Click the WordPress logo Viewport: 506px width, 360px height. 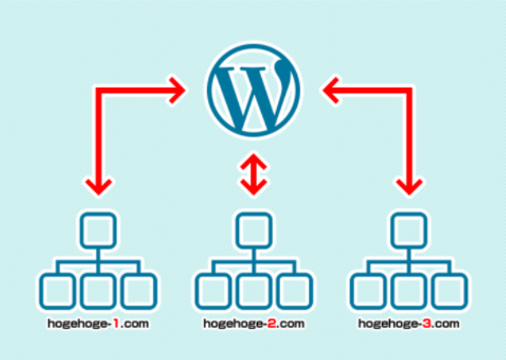(253, 90)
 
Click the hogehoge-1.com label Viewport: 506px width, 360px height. (98, 323)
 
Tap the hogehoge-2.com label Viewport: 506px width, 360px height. (254, 323)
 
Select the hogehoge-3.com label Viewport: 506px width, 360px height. (409, 323)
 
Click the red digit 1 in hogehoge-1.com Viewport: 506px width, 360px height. (116, 323)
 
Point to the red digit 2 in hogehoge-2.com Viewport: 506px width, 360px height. (272, 323)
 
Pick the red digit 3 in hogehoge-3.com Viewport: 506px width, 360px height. (427, 323)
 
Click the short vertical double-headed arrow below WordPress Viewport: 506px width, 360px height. (253, 174)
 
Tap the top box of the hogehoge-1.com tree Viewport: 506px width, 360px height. (98, 231)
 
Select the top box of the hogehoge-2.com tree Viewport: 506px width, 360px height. (254, 231)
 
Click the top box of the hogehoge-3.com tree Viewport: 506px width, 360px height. (409, 231)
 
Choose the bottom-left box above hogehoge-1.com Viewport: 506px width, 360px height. (57, 291)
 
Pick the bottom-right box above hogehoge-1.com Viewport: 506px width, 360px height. (139, 291)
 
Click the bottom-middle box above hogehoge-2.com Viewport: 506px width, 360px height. (254, 291)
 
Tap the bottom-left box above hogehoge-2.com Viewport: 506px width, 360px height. (213, 291)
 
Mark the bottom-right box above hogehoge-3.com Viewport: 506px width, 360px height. (450, 291)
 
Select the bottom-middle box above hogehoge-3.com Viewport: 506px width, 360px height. (409, 291)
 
